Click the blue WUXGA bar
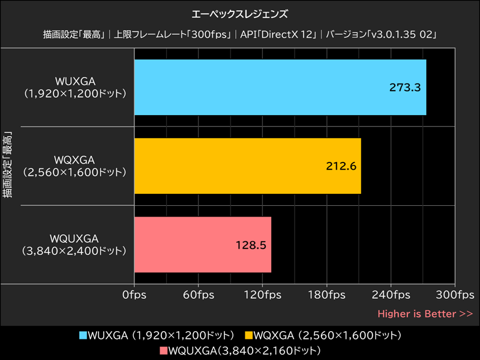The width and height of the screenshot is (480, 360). pos(280,87)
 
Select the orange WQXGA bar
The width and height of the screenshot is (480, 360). pos(247,166)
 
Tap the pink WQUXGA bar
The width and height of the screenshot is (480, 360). pos(202,245)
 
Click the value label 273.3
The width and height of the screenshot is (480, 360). pos(405,87)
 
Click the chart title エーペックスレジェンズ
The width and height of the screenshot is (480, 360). pos(240,13)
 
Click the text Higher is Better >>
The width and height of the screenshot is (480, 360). pos(425,313)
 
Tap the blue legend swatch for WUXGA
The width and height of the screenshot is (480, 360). pos(83,334)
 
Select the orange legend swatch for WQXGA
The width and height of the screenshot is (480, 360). pos(249,334)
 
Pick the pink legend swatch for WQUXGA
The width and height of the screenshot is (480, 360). pos(165,349)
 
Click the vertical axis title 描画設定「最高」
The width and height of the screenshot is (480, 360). pos(8,162)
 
